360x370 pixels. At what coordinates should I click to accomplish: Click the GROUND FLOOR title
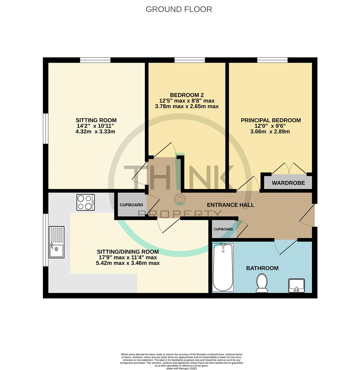[x=179, y=9]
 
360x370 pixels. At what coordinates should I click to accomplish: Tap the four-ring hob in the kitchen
[x=86, y=202]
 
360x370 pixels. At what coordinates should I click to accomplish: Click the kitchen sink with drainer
[x=57, y=242]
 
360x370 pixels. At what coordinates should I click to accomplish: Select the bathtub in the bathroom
[x=223, y=267]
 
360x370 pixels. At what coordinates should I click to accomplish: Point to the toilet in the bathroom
[x=262, y=283]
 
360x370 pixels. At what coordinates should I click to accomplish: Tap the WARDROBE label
[x=288, y=183]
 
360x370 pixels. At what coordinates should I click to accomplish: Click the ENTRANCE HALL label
[x=230, y=205]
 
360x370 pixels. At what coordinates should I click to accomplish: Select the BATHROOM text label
[x=262, y=268]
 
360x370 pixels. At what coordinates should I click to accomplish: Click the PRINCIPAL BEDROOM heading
[x=271, y=120]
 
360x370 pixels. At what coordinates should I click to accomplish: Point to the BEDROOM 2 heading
[x=187, y=95]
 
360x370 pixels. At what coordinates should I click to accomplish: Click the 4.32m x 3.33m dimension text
[x=95, y=132]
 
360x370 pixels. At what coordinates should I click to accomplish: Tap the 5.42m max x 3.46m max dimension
[x=128, y=263]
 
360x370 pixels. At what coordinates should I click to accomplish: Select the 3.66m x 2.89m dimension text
[x=270, y=132]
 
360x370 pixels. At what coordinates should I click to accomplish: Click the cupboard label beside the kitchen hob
[x=131, y=205]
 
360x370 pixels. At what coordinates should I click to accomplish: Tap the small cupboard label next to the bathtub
[x=223, y=229]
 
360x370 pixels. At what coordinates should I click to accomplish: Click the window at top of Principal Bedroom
[x=272, y=60]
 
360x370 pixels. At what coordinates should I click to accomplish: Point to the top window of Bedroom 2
[x=190, y=60]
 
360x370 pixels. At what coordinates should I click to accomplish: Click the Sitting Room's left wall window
[x=45, y=128]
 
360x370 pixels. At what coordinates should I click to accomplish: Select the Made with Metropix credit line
[x=182, y=368]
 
